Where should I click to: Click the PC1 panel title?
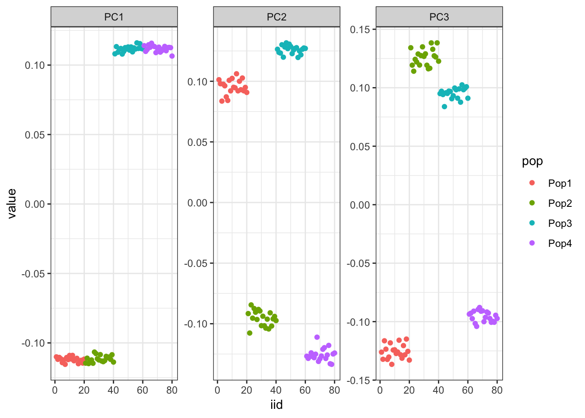point(114,17)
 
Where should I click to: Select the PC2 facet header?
point(276,17)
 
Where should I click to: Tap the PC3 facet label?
point(439,17)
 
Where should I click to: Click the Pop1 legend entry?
point(559,183)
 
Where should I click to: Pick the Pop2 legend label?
point(559,203)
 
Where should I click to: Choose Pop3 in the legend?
point(559,223)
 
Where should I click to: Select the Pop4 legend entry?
point(559,243)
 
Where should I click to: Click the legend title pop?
point(532,161)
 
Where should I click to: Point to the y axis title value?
point(12,203)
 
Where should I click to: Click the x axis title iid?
point(276,405)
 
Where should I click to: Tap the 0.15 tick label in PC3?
point(360,30)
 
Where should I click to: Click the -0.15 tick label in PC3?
point(359,381)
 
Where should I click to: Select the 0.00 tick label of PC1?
point(35,204)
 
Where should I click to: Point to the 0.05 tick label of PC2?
point(198,142)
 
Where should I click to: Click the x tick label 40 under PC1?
point(113,390)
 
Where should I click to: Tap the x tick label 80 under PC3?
point(497,390)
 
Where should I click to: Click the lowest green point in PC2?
point(249,333)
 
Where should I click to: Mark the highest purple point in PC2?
point(317,337)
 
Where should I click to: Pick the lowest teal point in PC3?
point(444,107)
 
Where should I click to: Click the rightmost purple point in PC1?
point(172,56)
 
